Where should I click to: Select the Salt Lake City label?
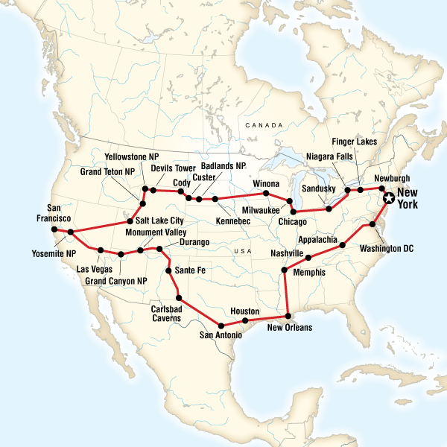click(x=159, y=221)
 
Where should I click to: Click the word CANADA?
click(x=264, y=125)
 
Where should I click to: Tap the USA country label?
click(x=242, y=251)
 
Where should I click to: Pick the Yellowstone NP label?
click(x=133, y=158)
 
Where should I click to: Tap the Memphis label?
click(x=310, y=273)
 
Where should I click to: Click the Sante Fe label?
click(x=188, y=271)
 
